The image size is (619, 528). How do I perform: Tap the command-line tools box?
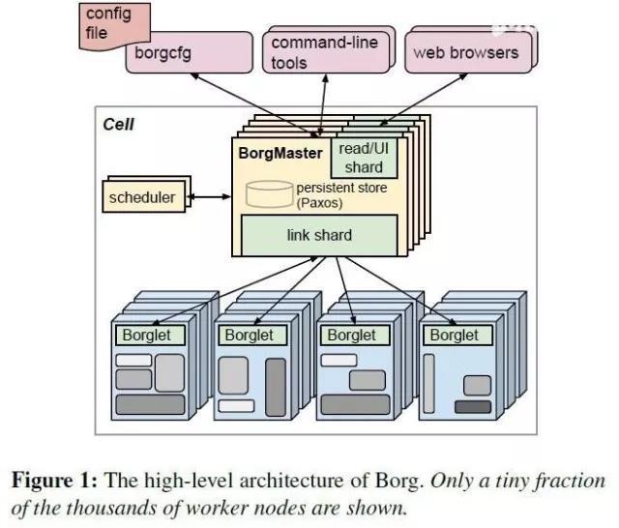pyautogui.click(x=323, y=52)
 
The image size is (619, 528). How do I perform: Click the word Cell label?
pyautogui.click(x=120, y=125)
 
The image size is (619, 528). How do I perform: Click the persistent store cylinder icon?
pyautogui.click(x=269, y=193)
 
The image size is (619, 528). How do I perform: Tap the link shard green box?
pyautogui.click(x=320, y=235)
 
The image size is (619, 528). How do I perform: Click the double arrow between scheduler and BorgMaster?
pyautogui.click(x=212, y=198)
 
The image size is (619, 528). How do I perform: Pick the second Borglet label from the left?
pyautogui.click(x=250, y=336)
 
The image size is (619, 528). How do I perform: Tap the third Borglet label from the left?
pyautogui.click(x=352, y=336)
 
